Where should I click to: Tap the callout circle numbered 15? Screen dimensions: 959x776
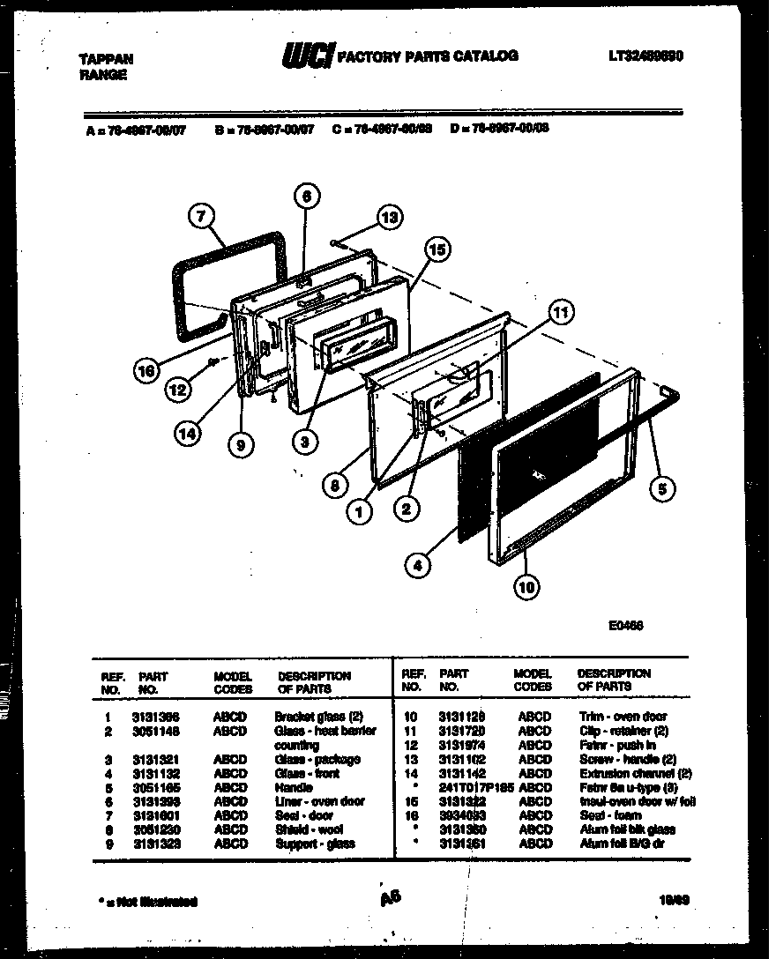435,250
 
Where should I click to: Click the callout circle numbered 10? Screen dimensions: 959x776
528,586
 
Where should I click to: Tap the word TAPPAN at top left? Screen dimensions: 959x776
107,60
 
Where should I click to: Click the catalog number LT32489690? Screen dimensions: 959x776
646,56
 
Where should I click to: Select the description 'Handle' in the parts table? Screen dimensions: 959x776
294,787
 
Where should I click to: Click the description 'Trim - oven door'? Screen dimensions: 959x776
623,717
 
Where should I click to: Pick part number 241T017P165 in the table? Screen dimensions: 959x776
476,787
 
